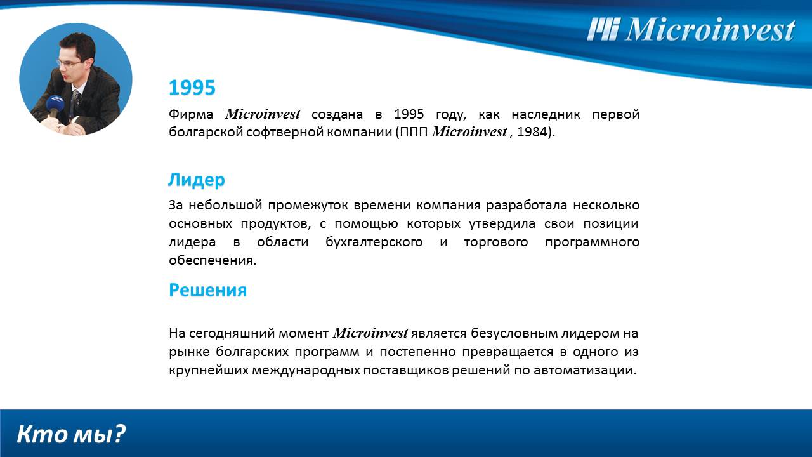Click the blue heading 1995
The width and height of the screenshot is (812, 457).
pyautogui.click(x=192, y=88)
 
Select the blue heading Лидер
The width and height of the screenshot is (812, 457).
pyautogui.click(x=196, y=180)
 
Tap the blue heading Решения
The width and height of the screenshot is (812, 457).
pyautogui.click(x=207, y=290)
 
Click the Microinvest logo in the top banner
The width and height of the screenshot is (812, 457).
pyautogui.click(x=691, y=29)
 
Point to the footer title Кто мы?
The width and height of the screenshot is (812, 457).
pyautogui.click(x=71, y=434)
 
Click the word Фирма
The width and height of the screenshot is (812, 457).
pyautogui.click(x=191, y=114)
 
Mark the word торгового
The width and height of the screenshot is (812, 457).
pyautogui.click(x=495, y=242)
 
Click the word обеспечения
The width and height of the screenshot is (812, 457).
pyautogui.click(x=212, y=261)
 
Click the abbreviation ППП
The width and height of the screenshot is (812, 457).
pyautogui.click(x=415, y=133)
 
